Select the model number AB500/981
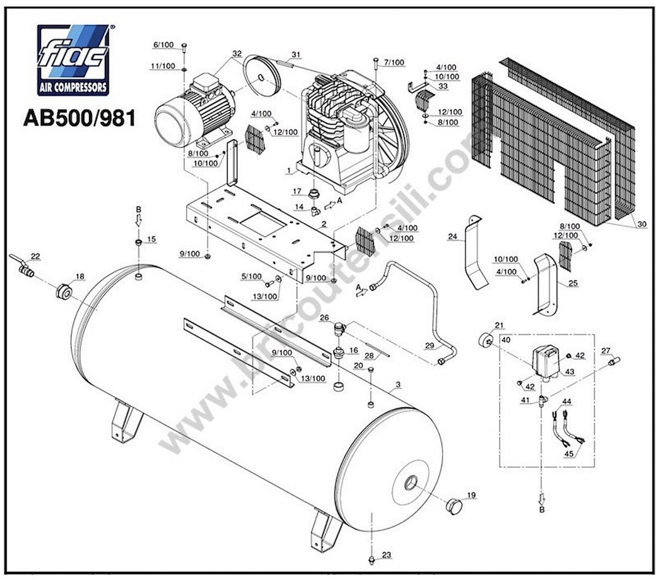80,118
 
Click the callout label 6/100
163,45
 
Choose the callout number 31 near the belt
296,55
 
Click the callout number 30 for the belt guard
642,224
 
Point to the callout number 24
452,237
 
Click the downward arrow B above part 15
138,220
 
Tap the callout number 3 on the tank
398,384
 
